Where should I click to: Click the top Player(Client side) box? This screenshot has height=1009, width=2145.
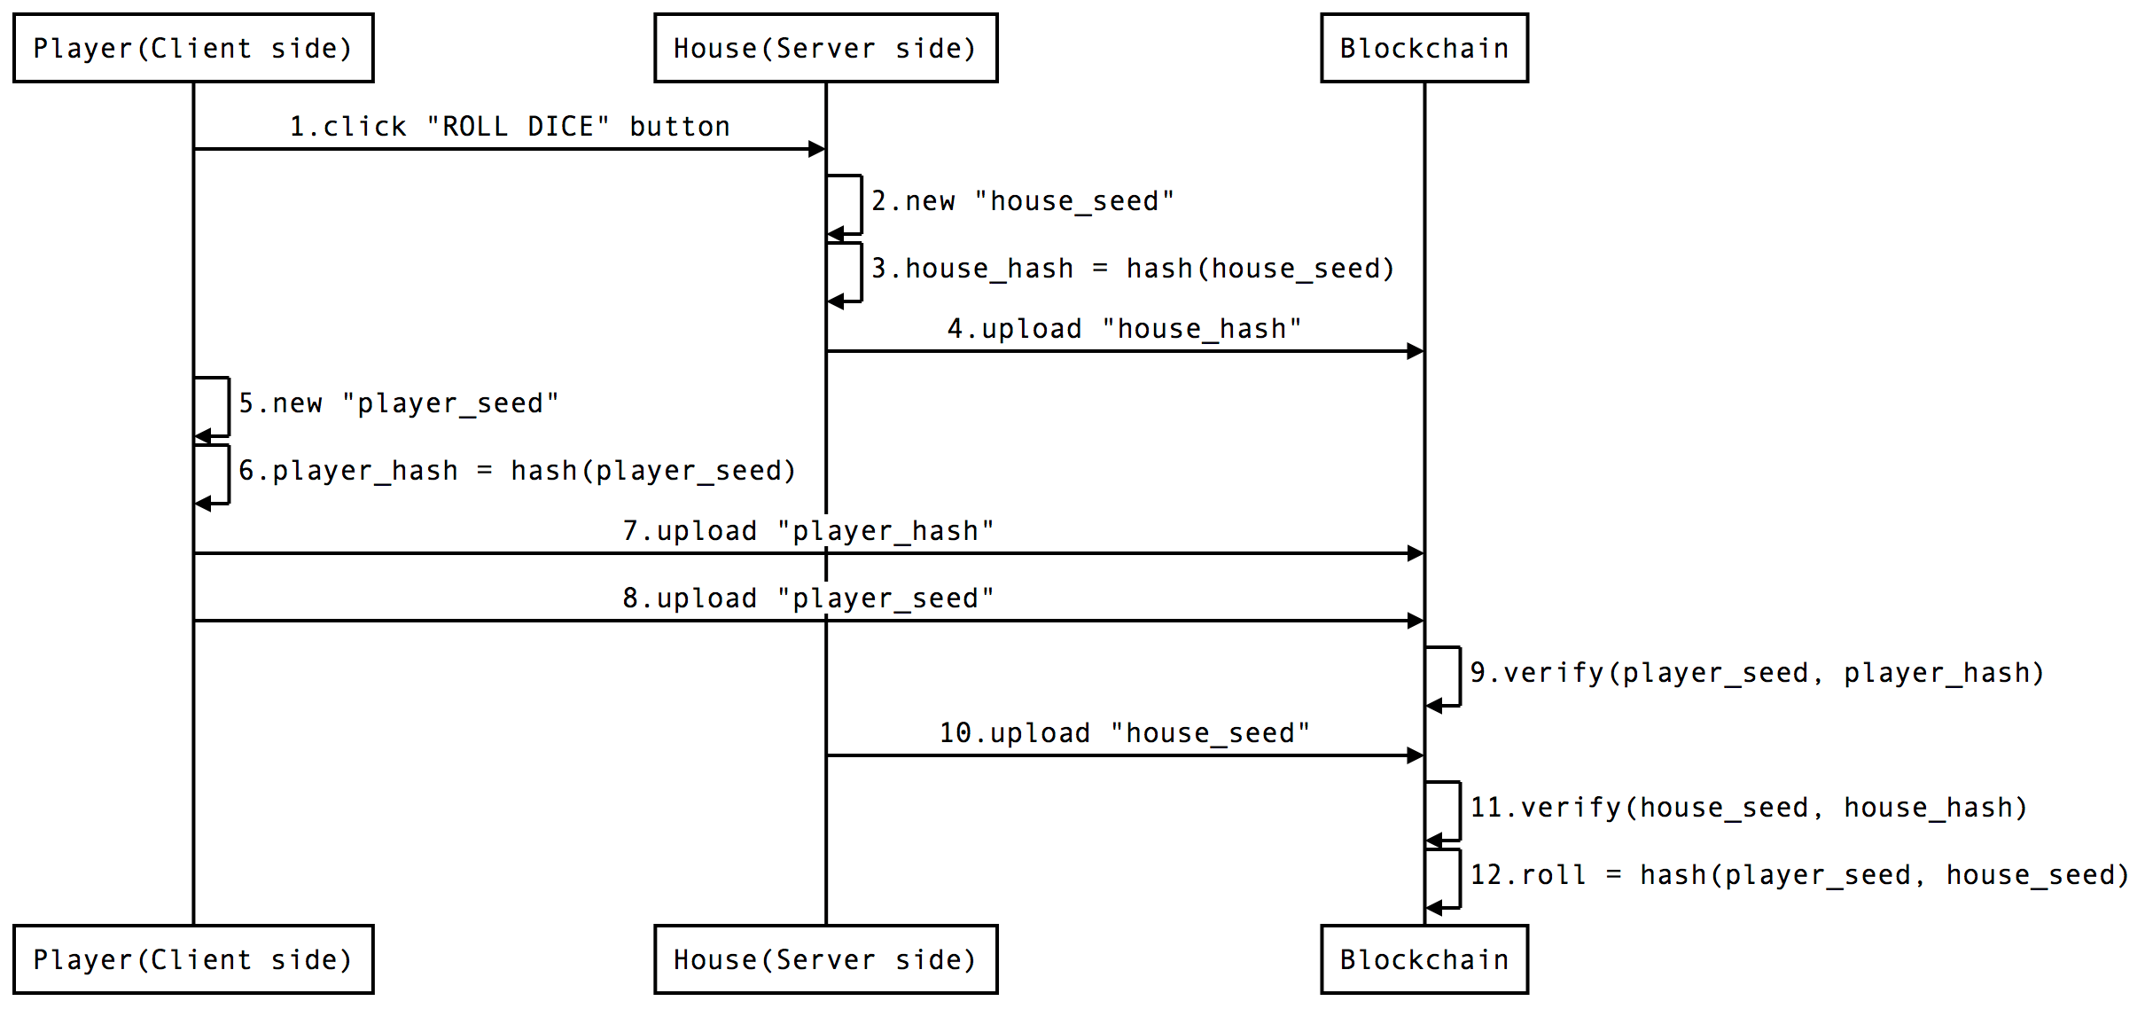[x=193, y=48]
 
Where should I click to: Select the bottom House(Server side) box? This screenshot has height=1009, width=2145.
[x=825, y=959]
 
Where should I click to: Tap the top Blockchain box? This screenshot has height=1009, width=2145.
[x=1423, y=48]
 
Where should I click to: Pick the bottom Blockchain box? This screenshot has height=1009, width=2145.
[x=1423, y=959]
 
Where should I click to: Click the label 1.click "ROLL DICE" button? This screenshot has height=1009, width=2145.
[x=510, y=127]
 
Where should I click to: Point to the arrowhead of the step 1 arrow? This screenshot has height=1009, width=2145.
[x=817, y=149]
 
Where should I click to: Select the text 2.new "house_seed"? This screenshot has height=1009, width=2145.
[x=1022, y=201]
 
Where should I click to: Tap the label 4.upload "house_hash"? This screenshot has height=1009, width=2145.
[x=1124, y=329]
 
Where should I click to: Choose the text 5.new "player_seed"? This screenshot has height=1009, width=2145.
[x=399, y=403]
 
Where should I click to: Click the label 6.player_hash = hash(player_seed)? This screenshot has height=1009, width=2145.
[x=517, y=471]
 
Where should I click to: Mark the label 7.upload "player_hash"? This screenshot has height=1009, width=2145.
[x=807, y=531]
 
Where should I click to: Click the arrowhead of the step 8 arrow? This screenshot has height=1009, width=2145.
[x=1416, y=621]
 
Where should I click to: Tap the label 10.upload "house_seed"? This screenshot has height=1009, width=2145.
[x=1124, y=733]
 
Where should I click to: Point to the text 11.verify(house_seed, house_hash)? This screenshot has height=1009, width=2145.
[x=1748, y=808]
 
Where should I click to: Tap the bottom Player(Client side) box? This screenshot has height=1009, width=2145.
[x=193, y=959]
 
